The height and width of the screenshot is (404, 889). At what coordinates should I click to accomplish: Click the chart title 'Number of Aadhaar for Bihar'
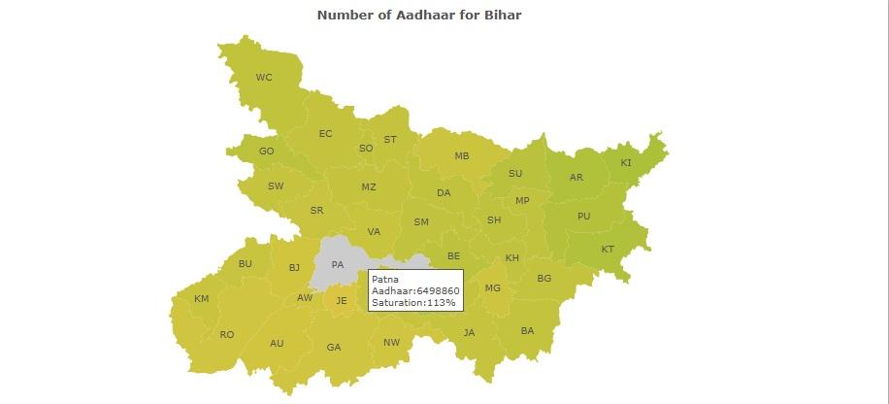pos(419,16)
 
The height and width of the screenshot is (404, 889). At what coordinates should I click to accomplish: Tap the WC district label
pos(264,78)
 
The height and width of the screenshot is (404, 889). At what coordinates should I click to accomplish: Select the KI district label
pos(626,163)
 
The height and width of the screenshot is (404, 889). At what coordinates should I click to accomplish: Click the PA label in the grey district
pos(338,264)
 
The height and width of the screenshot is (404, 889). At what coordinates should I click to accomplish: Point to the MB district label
pos(462,155)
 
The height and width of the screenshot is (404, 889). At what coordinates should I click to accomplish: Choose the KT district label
pos(608,250)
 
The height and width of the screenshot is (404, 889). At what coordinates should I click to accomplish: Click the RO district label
pos(227,335)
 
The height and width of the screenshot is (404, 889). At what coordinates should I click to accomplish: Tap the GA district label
pos(334,348)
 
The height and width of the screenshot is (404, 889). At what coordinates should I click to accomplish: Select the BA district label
pos(527,331)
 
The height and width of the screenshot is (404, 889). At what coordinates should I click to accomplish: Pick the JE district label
pos(342,301)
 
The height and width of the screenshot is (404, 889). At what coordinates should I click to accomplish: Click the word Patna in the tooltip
pos(385,280)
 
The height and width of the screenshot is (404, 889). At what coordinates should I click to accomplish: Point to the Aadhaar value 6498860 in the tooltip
pos(438,291)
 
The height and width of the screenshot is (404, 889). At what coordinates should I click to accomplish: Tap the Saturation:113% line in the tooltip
pos(413,303)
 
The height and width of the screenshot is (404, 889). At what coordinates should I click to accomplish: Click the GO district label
pos(266,151)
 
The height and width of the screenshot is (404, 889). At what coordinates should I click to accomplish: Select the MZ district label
pos(369,187)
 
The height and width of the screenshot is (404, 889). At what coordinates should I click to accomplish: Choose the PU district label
pos(583,217)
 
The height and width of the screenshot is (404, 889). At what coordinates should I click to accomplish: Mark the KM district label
pos(201,299)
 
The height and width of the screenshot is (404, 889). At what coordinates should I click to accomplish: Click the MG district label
pos(493,287)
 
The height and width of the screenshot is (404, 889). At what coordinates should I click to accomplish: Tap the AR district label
pos(576,178)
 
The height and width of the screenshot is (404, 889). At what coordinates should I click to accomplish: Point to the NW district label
pos(391,343)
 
